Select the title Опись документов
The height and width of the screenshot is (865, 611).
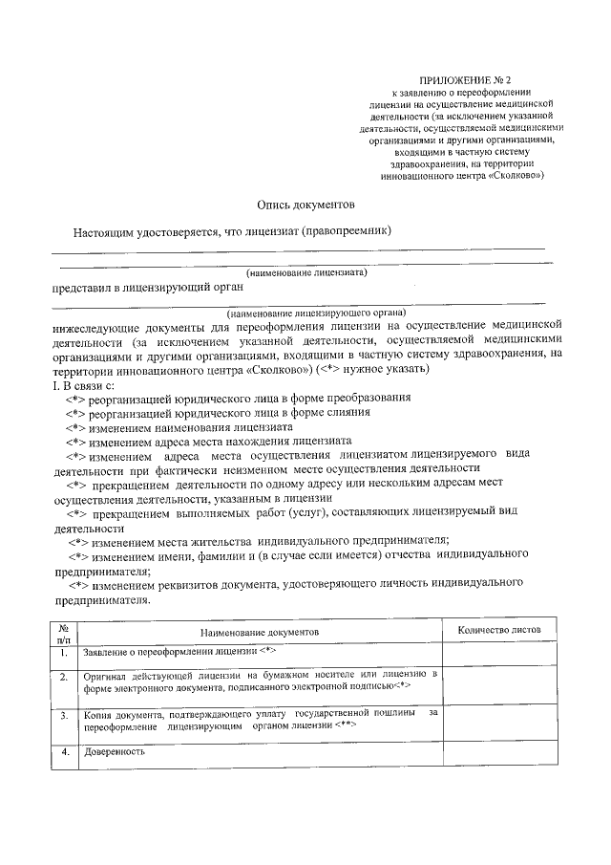(x=305, y=204)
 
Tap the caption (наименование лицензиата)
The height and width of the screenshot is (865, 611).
(x=306, y=272)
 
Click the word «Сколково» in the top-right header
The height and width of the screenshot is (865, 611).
(x=516, y=176)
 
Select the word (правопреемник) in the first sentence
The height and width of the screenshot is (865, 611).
(x=348, y=231)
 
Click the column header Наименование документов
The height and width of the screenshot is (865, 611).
(x=260, y=633)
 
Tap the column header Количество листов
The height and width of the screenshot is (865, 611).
(x=498, y=631)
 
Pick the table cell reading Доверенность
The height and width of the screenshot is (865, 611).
(x=115, y=752)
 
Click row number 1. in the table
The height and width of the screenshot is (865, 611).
(x=63, y=653)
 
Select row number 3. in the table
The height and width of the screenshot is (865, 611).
(x=63, y=715)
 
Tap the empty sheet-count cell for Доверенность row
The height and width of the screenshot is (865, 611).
(x=498, y=755)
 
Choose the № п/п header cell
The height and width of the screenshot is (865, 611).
(x=63, y=632)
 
